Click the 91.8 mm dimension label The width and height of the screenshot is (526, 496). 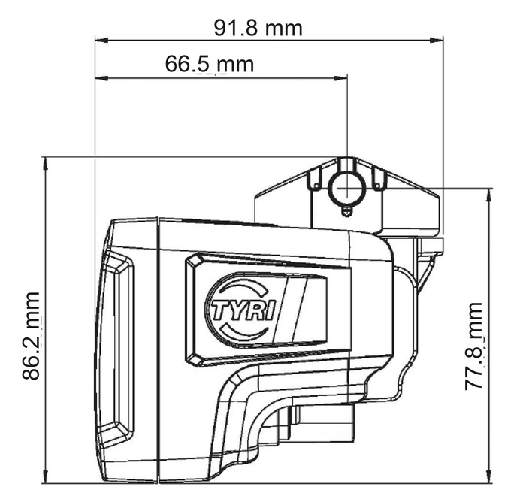point(258,29)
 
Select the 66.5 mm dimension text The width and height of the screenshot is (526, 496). point(210,64)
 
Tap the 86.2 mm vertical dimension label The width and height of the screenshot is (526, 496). point(32,336)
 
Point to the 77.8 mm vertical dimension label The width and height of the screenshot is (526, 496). point(473,346)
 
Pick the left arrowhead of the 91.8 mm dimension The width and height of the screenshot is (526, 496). point(101,41)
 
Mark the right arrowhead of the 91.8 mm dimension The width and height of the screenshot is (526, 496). point(437,41)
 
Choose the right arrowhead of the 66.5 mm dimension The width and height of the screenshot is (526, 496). point(341,78)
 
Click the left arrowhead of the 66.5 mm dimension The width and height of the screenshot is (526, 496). point(101,78)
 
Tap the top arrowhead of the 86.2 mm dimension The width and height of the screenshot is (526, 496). point(46,163)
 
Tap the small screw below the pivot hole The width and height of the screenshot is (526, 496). point(347,210)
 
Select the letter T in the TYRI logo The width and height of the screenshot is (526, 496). point(219,310)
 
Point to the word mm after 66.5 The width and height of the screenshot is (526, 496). point(235,65)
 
